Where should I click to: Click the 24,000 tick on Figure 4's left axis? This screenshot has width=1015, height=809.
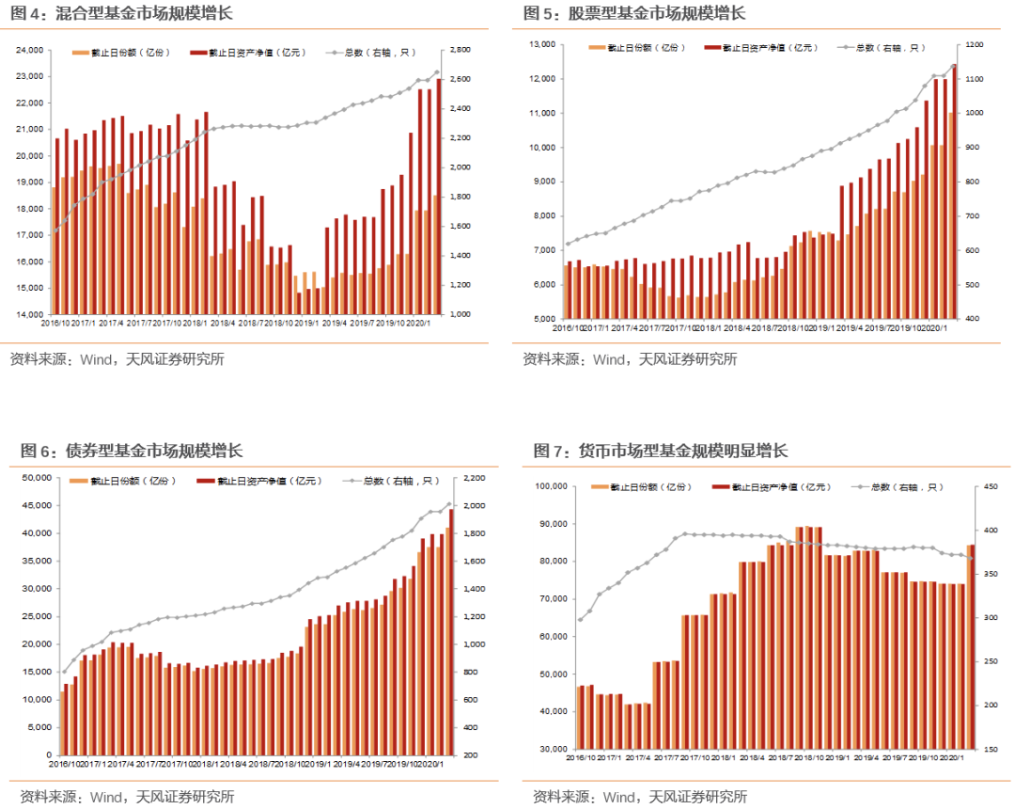tap(30, 50)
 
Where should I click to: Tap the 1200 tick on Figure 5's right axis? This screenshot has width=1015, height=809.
tap(972, 44)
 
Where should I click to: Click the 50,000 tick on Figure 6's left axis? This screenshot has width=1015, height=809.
tap(36, 478)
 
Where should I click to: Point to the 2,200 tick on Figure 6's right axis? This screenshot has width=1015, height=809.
tap(472, 478)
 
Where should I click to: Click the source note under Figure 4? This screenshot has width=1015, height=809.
tap(117, 358)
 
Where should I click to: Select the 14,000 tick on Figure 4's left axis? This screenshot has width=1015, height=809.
tap(30, 314)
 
